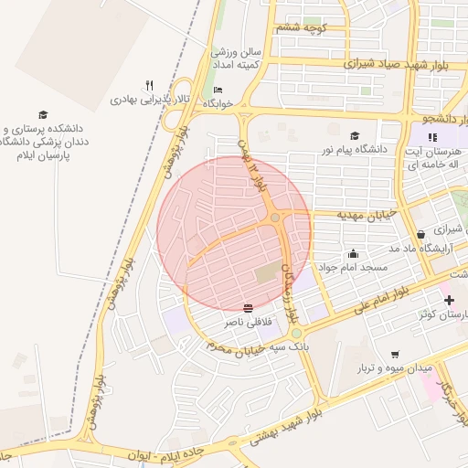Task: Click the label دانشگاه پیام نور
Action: click(x=354, y=147)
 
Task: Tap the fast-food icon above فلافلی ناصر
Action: click(x=248, y=307)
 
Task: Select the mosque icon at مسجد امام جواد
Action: click(x=353, y=253)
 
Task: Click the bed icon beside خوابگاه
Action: click(x=218, y=90)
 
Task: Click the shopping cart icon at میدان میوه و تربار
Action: click(x=395, y=354)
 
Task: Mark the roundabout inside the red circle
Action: click(x=275, y=218)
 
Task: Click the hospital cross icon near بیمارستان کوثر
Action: click(x=448, y=300)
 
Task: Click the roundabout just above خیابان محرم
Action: click(x=296, y=334)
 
